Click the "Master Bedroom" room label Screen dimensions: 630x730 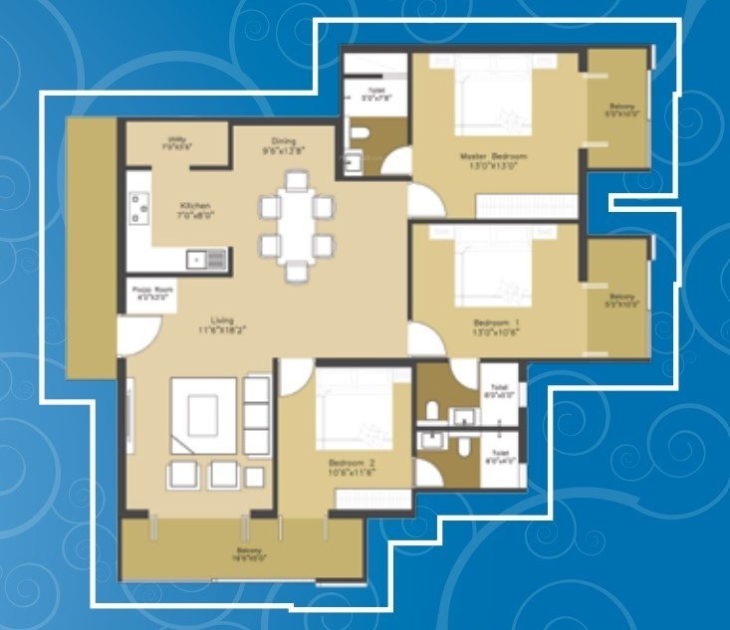click(x=493, y=156)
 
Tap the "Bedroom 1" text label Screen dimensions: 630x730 click(x=497, y=324)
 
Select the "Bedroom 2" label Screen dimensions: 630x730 click(x=351, y=464)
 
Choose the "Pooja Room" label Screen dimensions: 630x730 click(x=152, y=291)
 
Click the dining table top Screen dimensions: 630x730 click(x=296, y=224)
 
